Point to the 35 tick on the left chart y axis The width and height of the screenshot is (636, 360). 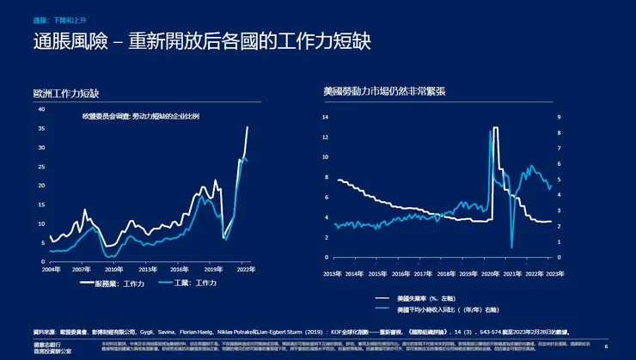pyautogui.click(x=41, y=128)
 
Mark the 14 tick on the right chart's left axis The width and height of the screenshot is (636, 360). pyautogui.click(x=326, y=115)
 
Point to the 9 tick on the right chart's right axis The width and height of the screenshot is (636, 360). pyautogui.click(x=560, y=115)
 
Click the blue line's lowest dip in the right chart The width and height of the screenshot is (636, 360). pyautogui.click(x=511, y=247)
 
